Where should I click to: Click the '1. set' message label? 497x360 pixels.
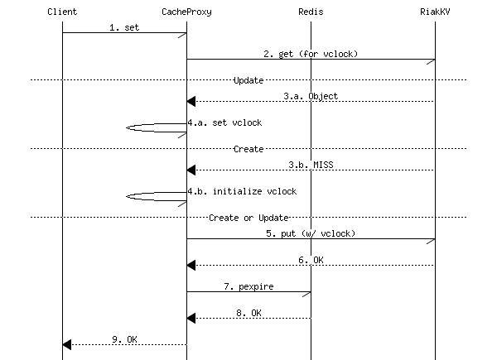pyautogui.click(x=124, y=27)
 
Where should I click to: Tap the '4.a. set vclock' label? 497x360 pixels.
pyautogui.click(x=224, y=122)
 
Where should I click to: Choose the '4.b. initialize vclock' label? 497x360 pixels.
pyautogui.click(x=242, y=191)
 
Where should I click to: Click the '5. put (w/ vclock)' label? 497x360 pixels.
pyautogui.click(x=311, y=233)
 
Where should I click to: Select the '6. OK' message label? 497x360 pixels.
pyautogui.click(x=311, y=260)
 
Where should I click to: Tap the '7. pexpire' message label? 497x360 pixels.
pyautogui.click(x=248, y=286)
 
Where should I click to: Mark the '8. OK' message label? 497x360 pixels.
pyautogui.click(x=248, y=313)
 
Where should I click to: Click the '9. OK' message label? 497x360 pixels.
pyautogui.click(x=124, y=338)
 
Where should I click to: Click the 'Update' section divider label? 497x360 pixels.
pyautogui.click(x=248, y=80)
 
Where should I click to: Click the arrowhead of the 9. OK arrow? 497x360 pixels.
pyautogui.click(x=67, y=344)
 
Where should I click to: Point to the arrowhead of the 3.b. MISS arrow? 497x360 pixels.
pyautogui.click(x=191, y=170)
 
